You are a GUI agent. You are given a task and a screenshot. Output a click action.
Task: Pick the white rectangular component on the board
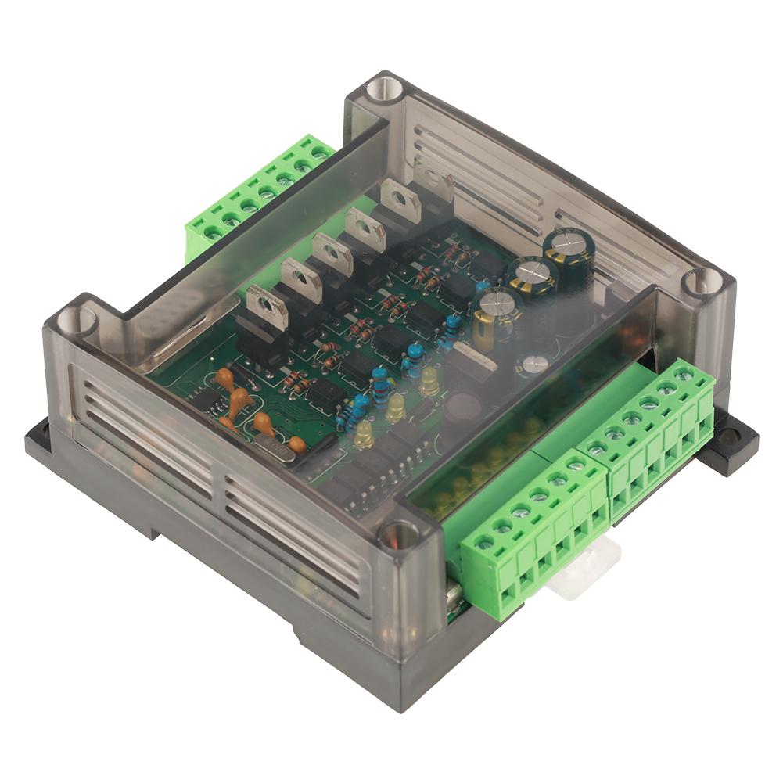[474, 356]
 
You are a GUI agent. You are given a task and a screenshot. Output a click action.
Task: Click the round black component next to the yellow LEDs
[462, 407]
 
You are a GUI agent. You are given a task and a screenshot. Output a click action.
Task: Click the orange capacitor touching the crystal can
[296, 445]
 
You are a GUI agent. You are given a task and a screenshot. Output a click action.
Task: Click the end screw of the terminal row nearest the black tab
[684, 376]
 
